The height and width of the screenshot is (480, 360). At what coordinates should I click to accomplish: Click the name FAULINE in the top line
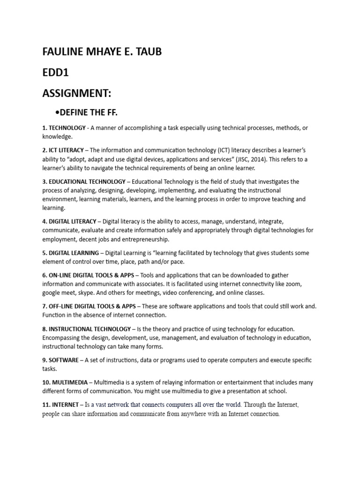64,52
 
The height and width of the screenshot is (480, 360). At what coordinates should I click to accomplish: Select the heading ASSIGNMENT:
77,93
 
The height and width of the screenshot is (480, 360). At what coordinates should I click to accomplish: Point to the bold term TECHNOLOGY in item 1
67,127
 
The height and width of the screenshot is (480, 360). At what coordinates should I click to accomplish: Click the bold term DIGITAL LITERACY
72,221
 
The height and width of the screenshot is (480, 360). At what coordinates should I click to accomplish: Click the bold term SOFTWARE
66,360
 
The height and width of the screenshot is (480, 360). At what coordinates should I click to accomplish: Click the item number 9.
44,360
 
